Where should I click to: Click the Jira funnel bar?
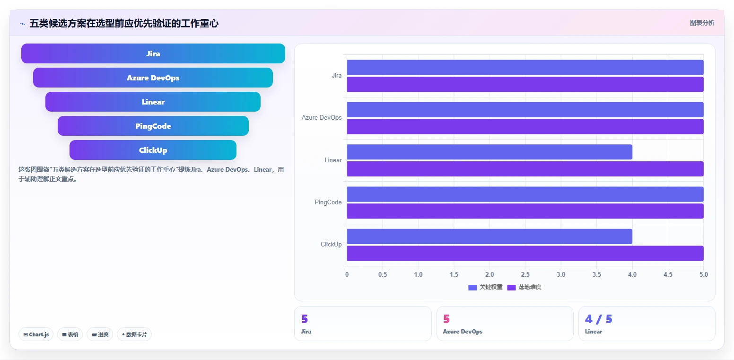[x=153, y=53]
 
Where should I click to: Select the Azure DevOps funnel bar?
[x=153, y=78]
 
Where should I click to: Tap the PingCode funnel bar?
[x=153, y=126]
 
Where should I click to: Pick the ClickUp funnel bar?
[x=153, y=150]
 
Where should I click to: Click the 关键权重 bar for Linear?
[x=489, y=152]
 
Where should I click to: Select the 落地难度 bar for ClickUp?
[x=525, y=254]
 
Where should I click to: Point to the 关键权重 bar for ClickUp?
[x=489, y=237]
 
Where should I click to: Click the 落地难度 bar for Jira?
[x=525, y=84]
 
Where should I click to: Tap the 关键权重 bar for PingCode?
[x=525, y=194]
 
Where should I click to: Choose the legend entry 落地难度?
[x=524, y=287]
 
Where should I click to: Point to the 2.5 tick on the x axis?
[x=525, y=274]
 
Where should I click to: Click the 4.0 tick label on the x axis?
[x=632, y=274]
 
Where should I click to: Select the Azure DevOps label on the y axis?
[x=322, y=117]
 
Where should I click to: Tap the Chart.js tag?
[x=36, y=334]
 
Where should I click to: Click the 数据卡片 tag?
[x=134, y=334]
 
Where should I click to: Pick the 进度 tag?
[x=100, y=334]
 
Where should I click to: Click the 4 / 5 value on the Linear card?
[x=599, y=319]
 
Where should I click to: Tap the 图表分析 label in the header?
[x=702, y=23]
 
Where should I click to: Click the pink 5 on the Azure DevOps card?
[x=446, y=319]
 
